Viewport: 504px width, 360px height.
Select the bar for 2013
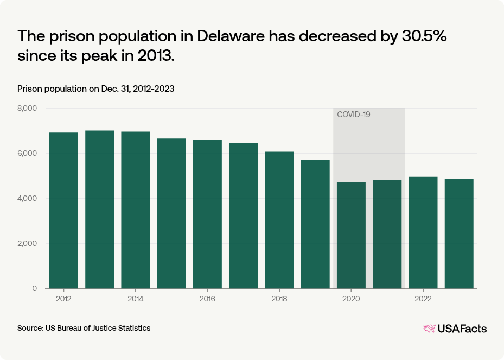pos(99,210)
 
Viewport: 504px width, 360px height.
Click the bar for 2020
pos(351,236)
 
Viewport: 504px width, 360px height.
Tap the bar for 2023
pos(459,233)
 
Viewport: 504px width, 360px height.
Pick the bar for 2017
pos(243,216)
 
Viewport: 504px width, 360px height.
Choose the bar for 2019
pos(315,224)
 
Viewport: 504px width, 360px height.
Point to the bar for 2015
pos(171,213)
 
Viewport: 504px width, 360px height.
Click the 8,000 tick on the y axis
pos(27,109)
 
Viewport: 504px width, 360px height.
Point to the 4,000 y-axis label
pos(27,199)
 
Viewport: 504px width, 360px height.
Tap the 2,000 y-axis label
pos(27,244)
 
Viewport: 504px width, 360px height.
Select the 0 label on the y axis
pos(34,289)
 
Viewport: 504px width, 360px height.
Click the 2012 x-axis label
pos(63,299)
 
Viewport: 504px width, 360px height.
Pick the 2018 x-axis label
pos(279,299)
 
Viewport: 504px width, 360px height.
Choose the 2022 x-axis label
pos(423,299)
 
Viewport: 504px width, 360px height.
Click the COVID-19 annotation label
pos(353,115)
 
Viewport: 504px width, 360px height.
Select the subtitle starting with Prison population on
pos(95,89)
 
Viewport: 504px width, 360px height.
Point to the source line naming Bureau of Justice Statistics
pos(84,328)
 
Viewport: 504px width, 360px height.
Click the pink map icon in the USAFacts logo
pos(429,329)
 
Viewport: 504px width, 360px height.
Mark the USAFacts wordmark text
pos(462,329)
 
